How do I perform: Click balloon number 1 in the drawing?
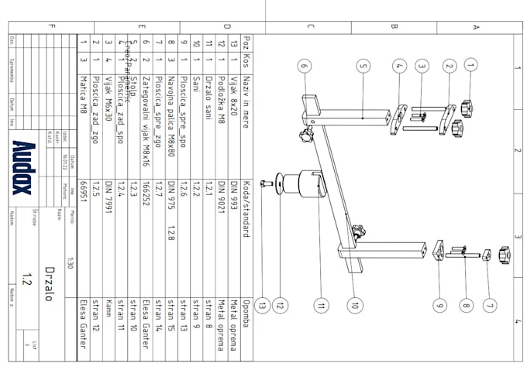coord(470,67)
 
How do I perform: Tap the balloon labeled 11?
coord(321,305)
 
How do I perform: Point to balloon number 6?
coord(304,67)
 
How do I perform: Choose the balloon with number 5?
coord(363,67)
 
